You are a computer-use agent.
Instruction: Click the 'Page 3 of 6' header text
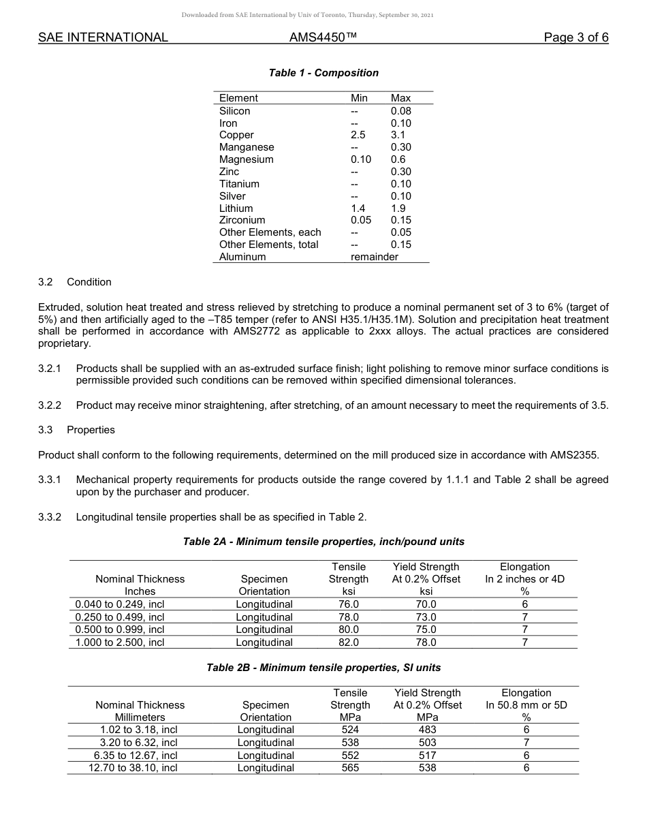pos(575,37)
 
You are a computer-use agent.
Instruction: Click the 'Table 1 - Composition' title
pos(323,73)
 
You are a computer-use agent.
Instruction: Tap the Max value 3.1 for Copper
pos(398,135)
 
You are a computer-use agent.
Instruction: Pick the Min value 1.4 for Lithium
pos(358,208)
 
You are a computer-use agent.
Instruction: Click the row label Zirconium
pos(242,220)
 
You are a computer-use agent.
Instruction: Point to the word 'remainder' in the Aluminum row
pos(374,257)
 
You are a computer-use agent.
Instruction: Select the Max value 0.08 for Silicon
pos(400,111)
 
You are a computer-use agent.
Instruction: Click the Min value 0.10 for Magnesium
pos(360,159)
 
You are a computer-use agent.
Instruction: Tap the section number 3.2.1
pos(50,368)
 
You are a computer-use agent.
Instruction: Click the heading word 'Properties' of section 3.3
pos(91,430)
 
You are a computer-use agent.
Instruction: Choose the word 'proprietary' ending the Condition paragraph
pos(64,343)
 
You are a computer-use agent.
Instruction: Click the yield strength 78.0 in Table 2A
pos(426,642)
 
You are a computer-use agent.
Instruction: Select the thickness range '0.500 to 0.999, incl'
pos(120,630)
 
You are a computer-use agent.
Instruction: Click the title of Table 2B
pos(323,668)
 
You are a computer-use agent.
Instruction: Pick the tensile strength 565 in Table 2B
pos(349,768)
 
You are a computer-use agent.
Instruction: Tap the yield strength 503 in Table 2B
pos(427,743)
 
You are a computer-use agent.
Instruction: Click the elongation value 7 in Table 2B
pos(526,743)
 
